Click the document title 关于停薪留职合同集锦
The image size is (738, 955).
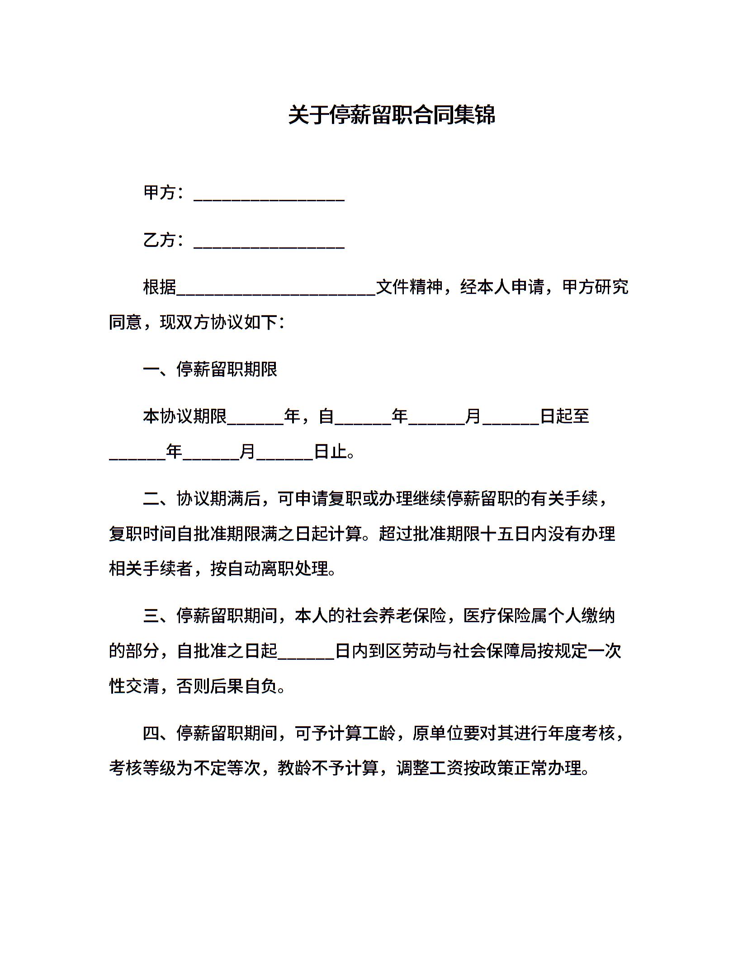coord(392,115)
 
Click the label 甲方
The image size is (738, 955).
coord(159,193)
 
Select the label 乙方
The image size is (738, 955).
coord(159,240)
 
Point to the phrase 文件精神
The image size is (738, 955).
coord(409,287)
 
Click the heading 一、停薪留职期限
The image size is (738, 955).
coord(210,369)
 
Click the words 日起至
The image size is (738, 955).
coord(565,416)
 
